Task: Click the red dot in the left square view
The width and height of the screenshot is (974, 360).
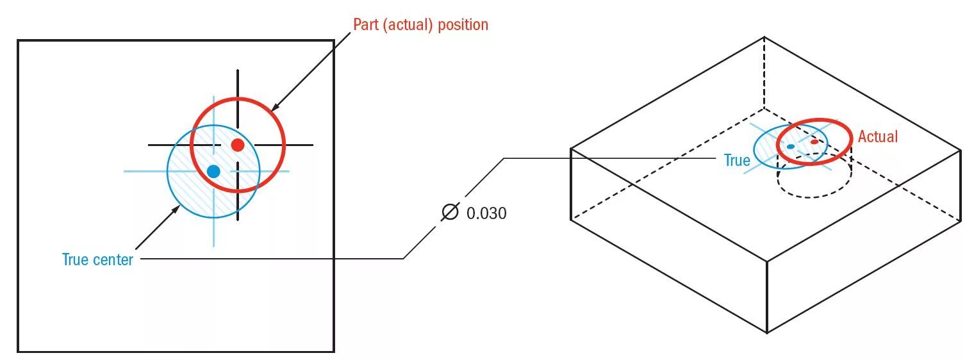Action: pyautogui.click(x=238, y=145)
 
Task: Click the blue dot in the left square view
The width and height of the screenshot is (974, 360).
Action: pyautogui.click(x=214, y=171)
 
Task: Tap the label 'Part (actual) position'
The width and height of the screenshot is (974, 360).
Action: pyautogui.click(x=420, y=25)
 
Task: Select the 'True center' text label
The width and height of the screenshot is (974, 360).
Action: pyautogui.click(x=97, y=259)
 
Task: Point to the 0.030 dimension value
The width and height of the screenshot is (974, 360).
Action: pyautogui.click(x=486, y=213)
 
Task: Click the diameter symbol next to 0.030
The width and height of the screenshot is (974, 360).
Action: pyautogui.click(x=451, y=212)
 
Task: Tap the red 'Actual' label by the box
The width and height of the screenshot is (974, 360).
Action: pyautogui.click(x=878, y=136)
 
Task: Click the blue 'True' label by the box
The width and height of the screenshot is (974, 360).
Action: pyautogui.click(x=737, y=160)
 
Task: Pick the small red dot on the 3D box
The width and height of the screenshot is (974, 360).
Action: pyautogui.click(x=814, y=142)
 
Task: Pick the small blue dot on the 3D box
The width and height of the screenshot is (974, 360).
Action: pyautogui.click(x=791, y=147)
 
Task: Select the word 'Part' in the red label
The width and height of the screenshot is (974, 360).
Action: pyautogui.click(x=367, y=25)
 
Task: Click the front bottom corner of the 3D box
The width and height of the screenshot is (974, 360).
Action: pyautogui.click(x=767, y=332)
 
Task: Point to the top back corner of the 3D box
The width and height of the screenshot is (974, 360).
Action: pyautogui.click(x=764, y=37)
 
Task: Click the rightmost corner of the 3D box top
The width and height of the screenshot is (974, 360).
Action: pyautogui.click(x=961, y=149)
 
